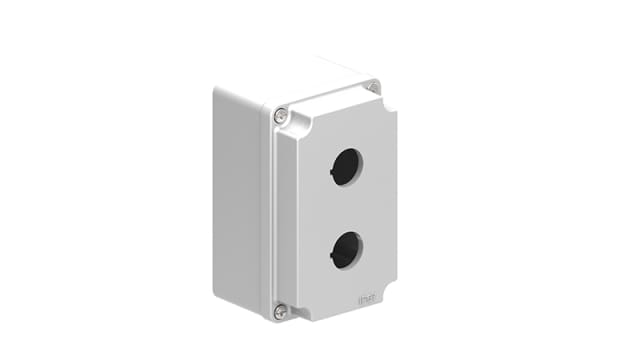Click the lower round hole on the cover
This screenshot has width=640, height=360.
pyautogui.click(x=346, y=249)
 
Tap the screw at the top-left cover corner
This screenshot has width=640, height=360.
pyautogui.click(x=281, y=117)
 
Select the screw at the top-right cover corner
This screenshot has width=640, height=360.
pyautogui.click(x=374, y=88)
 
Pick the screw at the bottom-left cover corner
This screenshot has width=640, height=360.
pyautogui.click(x=281, y=312)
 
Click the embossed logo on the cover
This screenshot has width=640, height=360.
pyautogui.click(x=368, y=297)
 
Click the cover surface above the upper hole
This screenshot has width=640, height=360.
pyautogui.click(x=345, y=128)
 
